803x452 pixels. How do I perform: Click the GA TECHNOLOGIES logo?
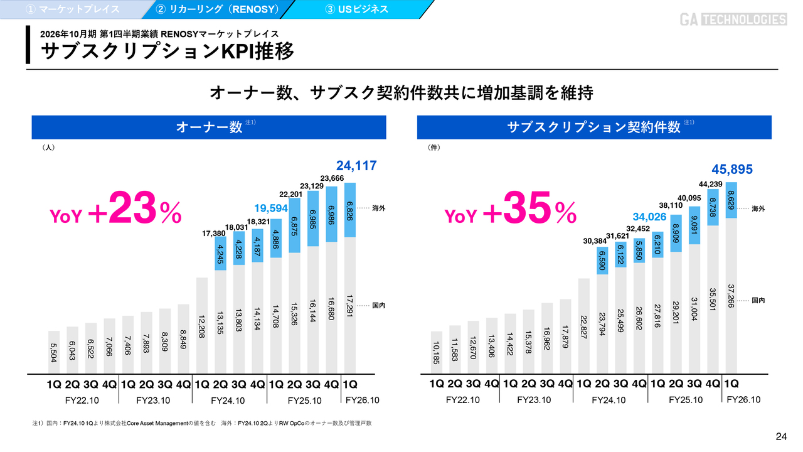pos(733,19)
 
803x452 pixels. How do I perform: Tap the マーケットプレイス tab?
pos(72,9)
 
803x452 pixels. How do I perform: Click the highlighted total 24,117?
pos(356,166)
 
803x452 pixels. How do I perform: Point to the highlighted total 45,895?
pos(732,169)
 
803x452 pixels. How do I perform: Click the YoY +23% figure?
pos(116,213)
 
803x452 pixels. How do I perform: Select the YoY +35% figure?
pos(511,213)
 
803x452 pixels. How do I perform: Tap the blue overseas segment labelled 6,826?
pos(351,210)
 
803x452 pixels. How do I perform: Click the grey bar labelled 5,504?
pos(54,352)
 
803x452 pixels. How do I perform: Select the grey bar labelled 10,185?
pos(437,352)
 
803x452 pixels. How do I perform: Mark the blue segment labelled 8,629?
pos(731,200)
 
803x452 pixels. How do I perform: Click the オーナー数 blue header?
pos(209,127)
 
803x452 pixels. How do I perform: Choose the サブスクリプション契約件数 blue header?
pos(593,127)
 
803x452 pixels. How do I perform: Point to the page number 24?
pos(781,437)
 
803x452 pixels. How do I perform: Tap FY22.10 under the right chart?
pos(464,400)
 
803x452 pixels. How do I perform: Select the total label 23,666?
pos(332,178)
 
